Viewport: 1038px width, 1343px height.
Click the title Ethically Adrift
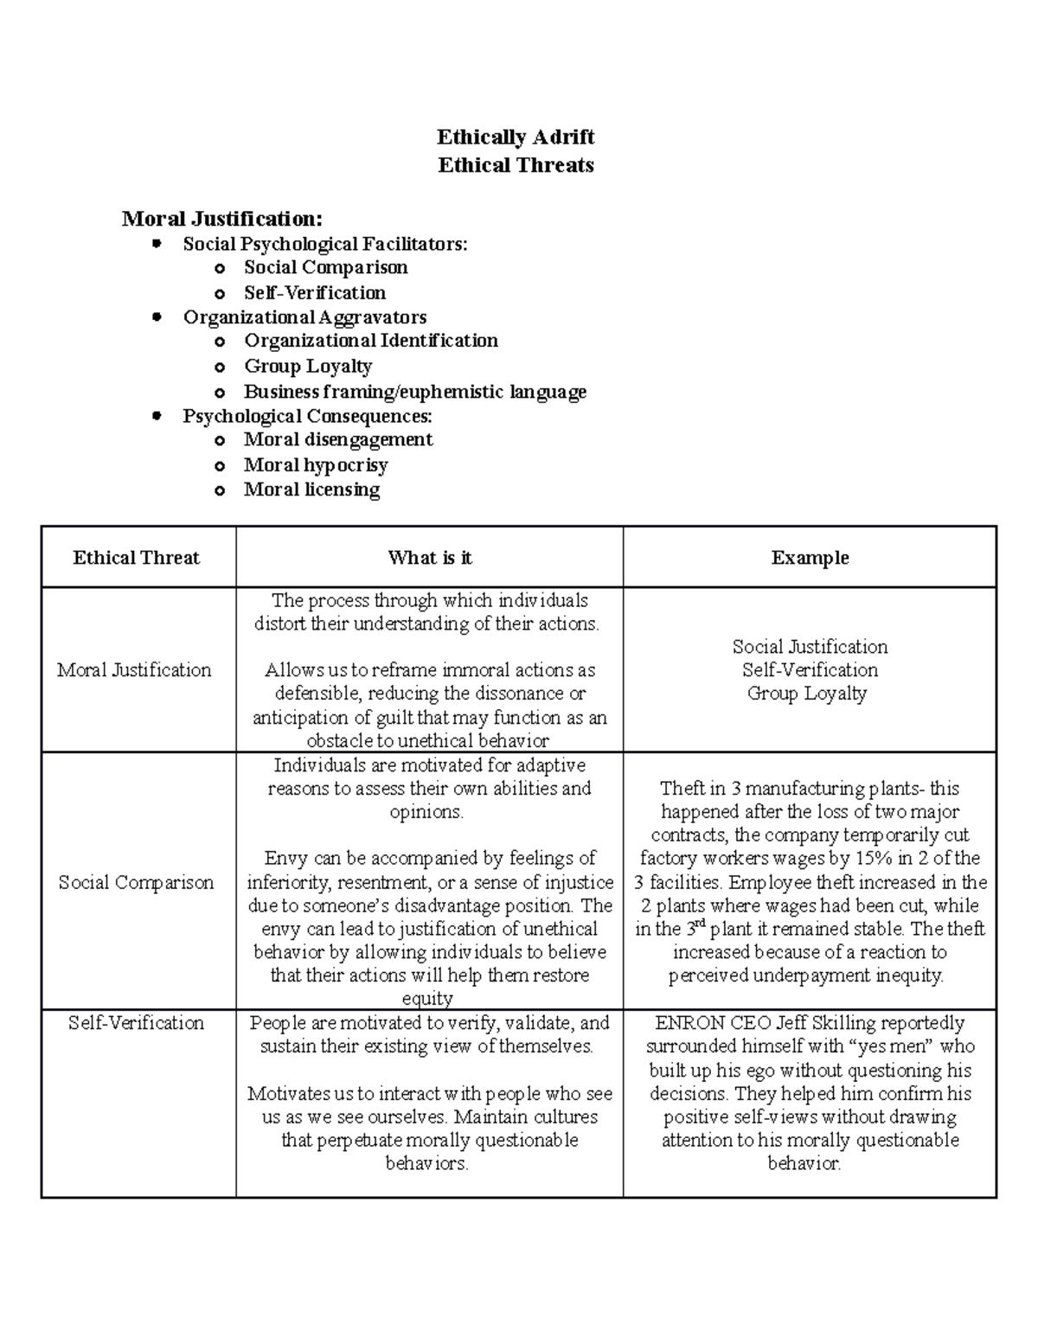tap(516, 137)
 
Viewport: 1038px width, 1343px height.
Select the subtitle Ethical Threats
tap(516, 165)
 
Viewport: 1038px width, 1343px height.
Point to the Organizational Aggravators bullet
tap(304, 317)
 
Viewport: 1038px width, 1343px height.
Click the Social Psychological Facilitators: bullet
tap(324, 244)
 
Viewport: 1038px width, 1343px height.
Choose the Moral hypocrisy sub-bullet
tap(315, 465)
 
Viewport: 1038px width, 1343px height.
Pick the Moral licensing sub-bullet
tap(311, 489)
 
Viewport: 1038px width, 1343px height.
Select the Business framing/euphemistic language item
tap(414, 392)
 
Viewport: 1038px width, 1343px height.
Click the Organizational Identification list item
tap(370, 341)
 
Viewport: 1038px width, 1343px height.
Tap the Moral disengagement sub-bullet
tap(337, 439)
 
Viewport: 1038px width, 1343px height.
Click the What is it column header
tap(430, 558)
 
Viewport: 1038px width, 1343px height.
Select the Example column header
tap(810, 558)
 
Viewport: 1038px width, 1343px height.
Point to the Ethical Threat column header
tap(137, 558)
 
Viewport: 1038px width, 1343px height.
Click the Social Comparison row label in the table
tap(136, 882)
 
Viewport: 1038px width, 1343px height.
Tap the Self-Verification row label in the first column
tap(136, 1023)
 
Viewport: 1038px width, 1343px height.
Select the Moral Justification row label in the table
tap(134, 669)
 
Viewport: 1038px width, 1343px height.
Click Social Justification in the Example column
tap(810, 647)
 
